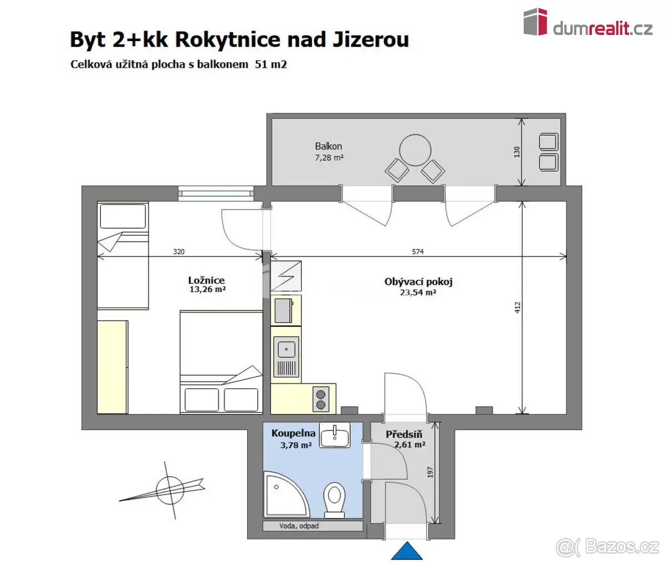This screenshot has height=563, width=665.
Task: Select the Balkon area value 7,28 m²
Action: click(329, 157)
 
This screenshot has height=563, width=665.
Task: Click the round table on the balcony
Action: click(415, 150)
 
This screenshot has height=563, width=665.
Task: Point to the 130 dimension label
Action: click(516, 152)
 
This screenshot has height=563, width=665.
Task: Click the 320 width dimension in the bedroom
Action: click(179, 252)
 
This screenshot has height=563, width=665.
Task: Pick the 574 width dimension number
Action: click(418, 252)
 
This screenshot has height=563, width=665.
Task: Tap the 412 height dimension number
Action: click(518, 307)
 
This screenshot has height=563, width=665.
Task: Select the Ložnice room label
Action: click(206, 280)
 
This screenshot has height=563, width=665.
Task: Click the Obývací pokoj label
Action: click(418, 281)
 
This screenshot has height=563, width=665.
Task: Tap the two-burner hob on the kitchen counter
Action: click(321, 399)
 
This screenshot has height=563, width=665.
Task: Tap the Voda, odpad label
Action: click(299, 526)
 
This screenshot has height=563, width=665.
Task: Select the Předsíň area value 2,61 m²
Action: click(410, 445)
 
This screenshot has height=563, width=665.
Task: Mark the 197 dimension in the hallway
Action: click(431, 472)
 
